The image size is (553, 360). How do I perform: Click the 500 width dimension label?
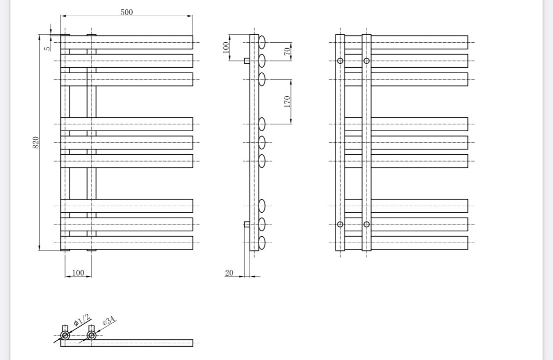point(127,12)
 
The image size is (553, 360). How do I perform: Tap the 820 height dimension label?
point(36,142)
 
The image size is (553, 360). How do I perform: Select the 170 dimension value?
point(288,102)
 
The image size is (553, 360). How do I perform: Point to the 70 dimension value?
point(288,51)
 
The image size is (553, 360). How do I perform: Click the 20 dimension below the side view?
point(229,273)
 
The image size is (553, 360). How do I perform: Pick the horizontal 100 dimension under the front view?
point(78,273)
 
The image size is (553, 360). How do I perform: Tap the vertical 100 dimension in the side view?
point(226,47)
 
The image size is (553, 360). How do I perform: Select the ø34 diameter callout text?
point(109,321)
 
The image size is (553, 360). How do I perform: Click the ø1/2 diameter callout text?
point(82,320)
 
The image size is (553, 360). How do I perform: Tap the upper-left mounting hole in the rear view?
point(340,61)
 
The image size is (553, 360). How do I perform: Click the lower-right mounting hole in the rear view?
point(366,224)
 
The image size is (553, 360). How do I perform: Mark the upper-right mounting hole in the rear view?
point(366,61)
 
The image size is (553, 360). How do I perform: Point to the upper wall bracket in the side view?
point(247,61)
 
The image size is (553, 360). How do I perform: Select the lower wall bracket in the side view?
point(247,224)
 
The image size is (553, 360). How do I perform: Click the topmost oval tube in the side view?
point(262,42)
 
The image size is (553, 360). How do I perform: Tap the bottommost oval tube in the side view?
point(262,243)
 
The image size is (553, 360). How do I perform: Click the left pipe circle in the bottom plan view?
point(65,335)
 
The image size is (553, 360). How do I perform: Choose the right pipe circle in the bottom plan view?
point(91,335)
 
